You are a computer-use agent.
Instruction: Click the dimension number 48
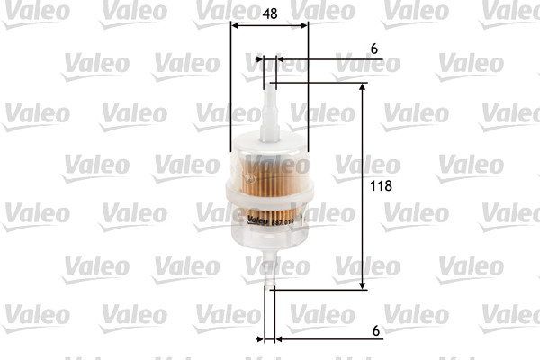[x=268, y=13]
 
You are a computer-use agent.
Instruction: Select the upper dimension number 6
[x=374, y=49]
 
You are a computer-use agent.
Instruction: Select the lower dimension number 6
[x=374, y=330]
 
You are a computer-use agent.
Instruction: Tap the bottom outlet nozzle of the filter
[x=269, y=270]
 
